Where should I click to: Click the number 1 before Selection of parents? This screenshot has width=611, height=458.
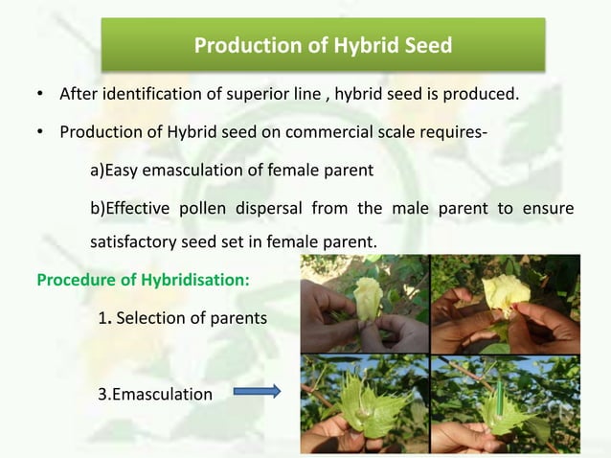click(102, 317)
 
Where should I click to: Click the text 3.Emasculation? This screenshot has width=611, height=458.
click(155, 392)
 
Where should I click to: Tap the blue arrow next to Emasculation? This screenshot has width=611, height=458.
click(257, 391)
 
